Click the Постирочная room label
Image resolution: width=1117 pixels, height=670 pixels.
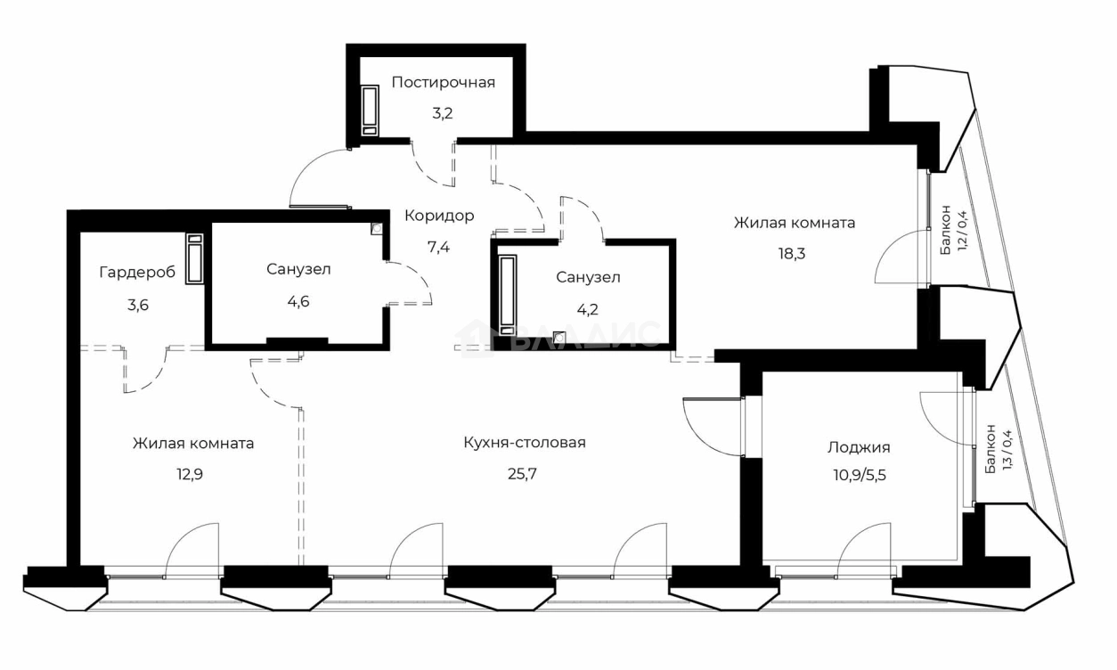click(443, 83)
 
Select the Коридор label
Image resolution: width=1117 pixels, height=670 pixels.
click(439, 216)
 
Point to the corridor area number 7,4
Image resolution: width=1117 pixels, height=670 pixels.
click(439, 247)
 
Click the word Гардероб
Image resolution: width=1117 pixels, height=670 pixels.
click(137, 272)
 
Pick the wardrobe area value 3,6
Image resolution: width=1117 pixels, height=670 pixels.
click(137, 304)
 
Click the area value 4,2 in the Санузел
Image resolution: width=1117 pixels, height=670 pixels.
click(588, 312)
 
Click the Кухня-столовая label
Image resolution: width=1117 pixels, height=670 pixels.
click(525, 442)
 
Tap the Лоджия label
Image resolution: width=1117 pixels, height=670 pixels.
click(859, 447)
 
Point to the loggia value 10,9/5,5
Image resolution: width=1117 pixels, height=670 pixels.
click(857, 475)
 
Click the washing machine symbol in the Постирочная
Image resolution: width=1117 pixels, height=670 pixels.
click(370, 110)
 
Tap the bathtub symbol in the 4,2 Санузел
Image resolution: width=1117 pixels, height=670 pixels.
click(508, 294)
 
